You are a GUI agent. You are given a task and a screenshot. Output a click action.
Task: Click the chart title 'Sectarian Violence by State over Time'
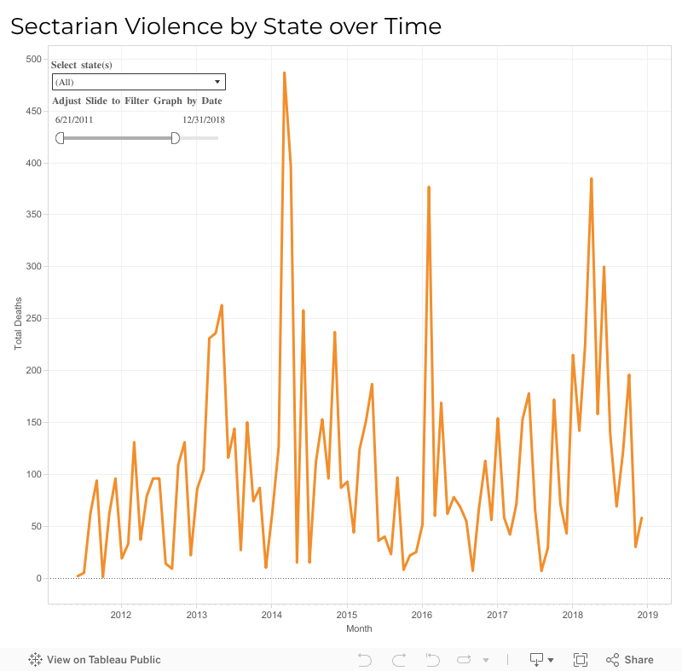click(x=226, y=26)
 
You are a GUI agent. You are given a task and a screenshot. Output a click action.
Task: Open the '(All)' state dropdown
click(x=138, y=82)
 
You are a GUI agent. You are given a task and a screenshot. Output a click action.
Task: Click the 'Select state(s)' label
click(x=82, y=65)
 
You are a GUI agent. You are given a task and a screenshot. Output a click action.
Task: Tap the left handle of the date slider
click(x=60, y=138)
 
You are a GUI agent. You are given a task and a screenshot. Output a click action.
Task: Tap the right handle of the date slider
click(x=176, y=138)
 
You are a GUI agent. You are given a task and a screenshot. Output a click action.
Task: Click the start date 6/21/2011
click(x=74, y=119)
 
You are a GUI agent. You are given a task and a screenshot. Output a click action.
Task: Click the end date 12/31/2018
click(x=203, y=119)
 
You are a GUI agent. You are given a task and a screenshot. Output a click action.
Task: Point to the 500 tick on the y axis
click(x=33, y=59)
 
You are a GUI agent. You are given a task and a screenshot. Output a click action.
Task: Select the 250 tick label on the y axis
click(x=33, y=319)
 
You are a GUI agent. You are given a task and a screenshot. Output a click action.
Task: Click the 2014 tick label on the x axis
click(x=271, y=614)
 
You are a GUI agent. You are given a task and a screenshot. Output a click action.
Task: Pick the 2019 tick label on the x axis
click(x=647, y=614)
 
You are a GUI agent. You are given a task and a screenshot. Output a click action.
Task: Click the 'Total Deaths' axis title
click(x=19, y=324)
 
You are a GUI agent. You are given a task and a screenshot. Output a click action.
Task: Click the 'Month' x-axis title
click(x=359, y=628)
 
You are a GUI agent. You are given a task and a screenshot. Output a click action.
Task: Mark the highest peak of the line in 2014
click(x=284, y=73)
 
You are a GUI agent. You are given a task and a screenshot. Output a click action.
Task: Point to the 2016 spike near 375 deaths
click(x=429, y=188)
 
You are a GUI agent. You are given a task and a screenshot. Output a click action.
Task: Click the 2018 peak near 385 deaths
click(x=591, y=179)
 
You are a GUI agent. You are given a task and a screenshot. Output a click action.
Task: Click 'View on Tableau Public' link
click(x=95, y=659)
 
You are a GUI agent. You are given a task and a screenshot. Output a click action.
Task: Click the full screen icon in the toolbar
click(x=581, y=659)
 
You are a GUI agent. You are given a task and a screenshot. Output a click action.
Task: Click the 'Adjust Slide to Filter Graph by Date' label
click(x=137, y=101)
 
